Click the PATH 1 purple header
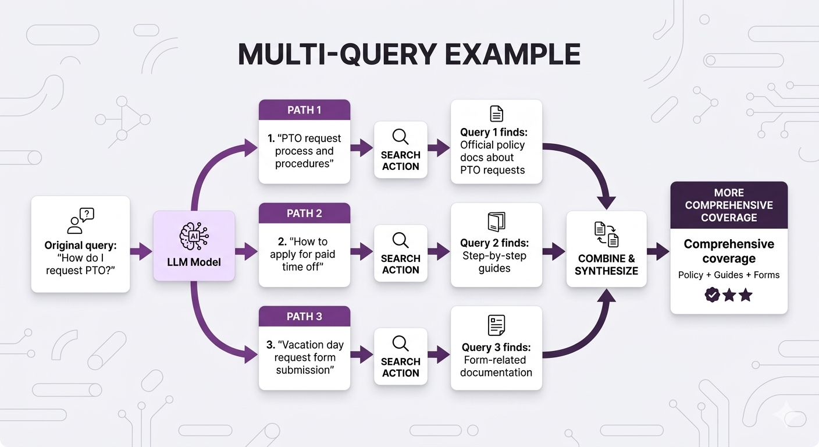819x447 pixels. click(304, 110)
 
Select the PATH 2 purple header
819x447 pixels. click(304, 213)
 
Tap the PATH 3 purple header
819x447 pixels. click(304, 316)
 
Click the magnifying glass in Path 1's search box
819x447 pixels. click(400, 137)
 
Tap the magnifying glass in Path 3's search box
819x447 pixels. click(400, 343)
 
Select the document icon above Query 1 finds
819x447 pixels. click(496, 113)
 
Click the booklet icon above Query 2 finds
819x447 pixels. click(496, 222)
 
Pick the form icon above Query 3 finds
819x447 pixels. click(496, 325)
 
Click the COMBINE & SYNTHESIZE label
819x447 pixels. click(606, 265)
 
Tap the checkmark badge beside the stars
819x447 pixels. click(712, 295)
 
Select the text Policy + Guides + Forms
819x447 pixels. click(729, 275)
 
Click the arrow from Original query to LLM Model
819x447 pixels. click(140, 251)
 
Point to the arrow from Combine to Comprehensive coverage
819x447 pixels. click(658, 251)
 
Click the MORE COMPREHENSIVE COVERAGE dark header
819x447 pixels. click(729, 205)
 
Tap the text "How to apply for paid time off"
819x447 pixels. click(304, 254)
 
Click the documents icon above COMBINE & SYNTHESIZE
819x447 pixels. click(606, 234)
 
